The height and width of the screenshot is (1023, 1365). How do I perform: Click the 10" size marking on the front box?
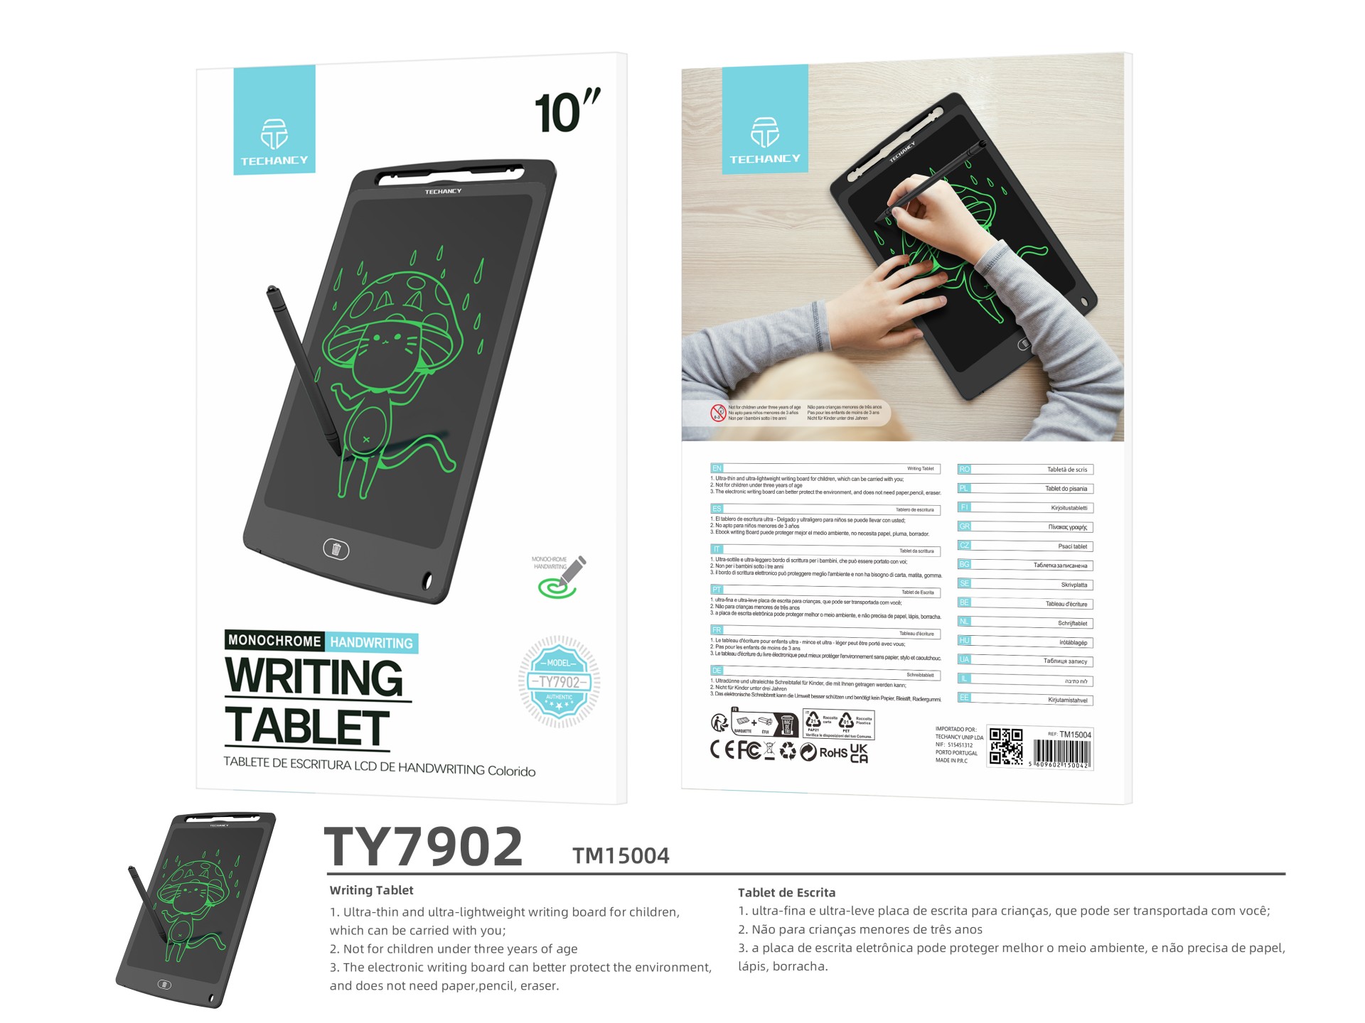tap(567, 112)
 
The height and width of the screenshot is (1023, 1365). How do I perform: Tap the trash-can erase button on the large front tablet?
tap(336, 548)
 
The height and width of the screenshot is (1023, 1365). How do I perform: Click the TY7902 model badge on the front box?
tap(560, 681)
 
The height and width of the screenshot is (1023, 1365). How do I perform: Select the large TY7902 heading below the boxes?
tap(424, 847)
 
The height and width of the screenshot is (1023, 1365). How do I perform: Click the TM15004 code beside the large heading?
tap(621, 856)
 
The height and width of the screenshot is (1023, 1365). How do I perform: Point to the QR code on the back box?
tap(1005, 747)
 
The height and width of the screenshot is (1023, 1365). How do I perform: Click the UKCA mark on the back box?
tap(859, 753)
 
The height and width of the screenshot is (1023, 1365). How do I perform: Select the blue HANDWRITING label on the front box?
tap(371, 643)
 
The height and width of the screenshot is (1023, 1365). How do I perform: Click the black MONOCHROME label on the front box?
tap(274, 641)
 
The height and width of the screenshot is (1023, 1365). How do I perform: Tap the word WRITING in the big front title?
tap(314, 677)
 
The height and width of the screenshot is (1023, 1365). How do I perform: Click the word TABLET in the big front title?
tap(307, 727)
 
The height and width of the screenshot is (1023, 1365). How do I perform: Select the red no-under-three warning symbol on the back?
tap(719, 413)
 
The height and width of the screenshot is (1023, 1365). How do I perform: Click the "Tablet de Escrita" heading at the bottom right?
tap(786, 892)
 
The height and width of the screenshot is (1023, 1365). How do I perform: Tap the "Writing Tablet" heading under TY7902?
tap(371, 890)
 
